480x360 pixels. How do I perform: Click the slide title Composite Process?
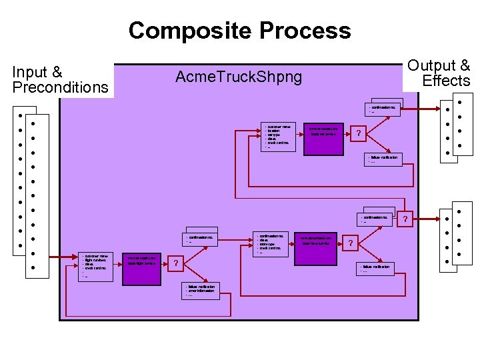[239, 31]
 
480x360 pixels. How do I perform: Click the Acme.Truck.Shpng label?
[238, 77]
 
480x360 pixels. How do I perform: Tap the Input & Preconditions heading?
[60, 80]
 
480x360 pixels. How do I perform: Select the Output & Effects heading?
[439, 73]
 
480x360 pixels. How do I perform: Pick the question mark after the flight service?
[175, 263]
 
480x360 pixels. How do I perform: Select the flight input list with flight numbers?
[96, 265]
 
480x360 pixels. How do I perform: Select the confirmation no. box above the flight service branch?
[200, 239]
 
